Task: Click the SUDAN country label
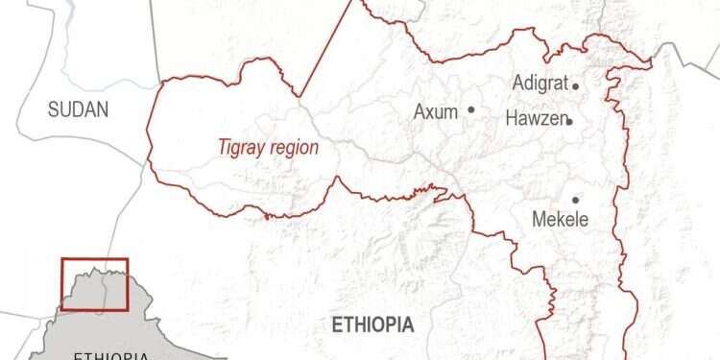[x=79, y=109]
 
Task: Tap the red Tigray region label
[x=268, y=148]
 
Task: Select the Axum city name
[x=435, y=111]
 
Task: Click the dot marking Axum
[x=471, y=109]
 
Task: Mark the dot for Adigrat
[x=576, y=85]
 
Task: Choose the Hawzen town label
[x=536, y=119]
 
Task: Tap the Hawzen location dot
[x=570, y=122]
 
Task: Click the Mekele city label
[x=560, y=220]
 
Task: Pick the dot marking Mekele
[x=576, y=200]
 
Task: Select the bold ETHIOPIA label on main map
[x=372, y=324]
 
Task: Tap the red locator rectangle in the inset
[x=94, y=284]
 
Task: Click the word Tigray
[x=239, y=148]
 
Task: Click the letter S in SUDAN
[x=54, y=109]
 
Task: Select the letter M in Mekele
[x=539, y=220]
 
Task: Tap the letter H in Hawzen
[x=511, y=119]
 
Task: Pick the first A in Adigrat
[x=519, y=84]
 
